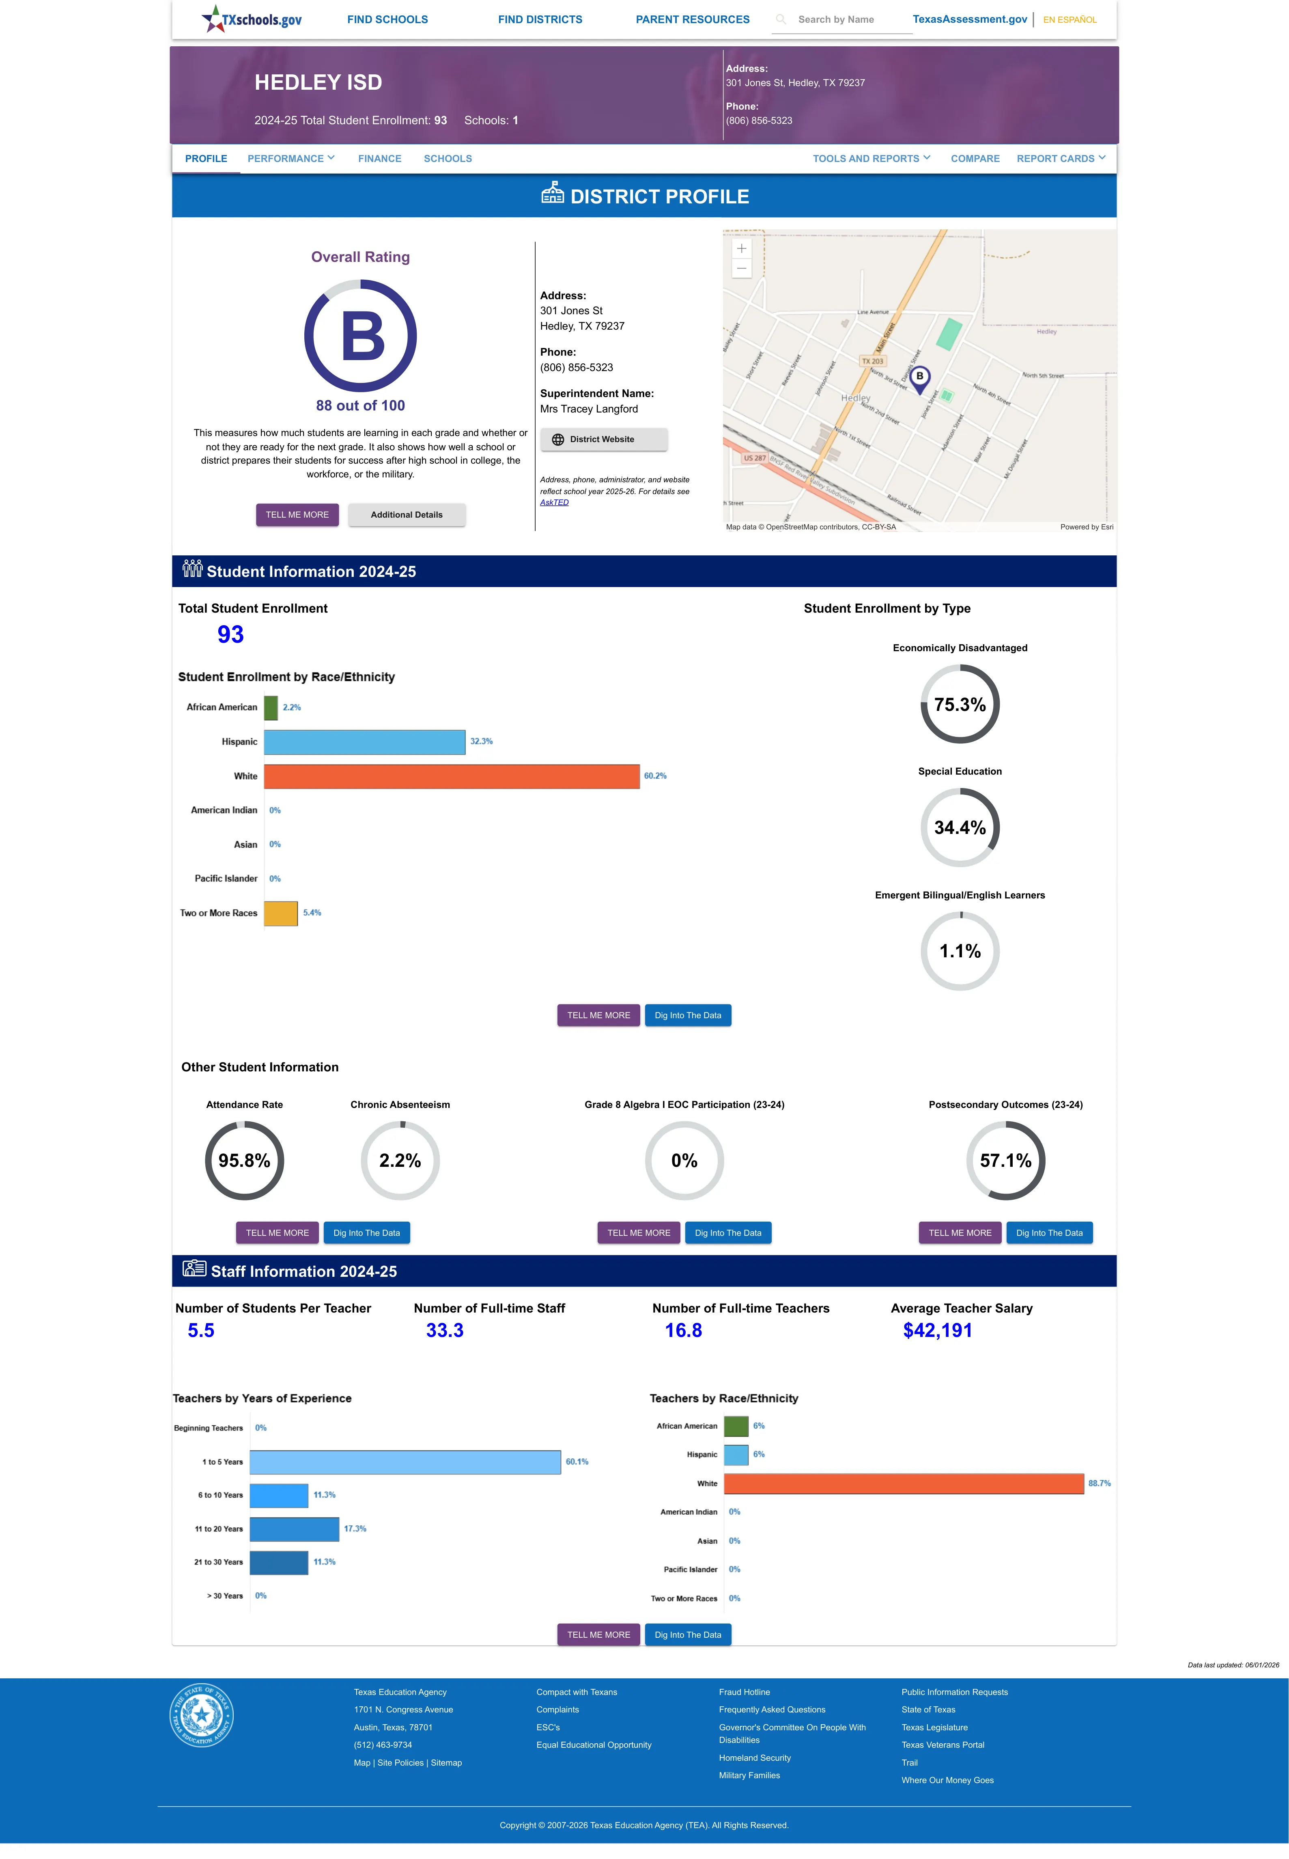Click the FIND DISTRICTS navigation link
pyautogui.click(x=540, y=19)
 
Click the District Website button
pyautogui.click(x=603, y=440)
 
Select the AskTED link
pyautogui.click(x=554, y=503)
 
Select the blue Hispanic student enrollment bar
pyautogui.click(x=364, y=742)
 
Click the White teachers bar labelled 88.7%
pyautogui.click(x=904, y=1483)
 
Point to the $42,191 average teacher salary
pyautogui.click(x=938, y=1331)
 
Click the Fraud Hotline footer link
pyautogui.click(x=744, y=1692)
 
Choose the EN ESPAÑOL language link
pyautogui.click(x=1070, y=19)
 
